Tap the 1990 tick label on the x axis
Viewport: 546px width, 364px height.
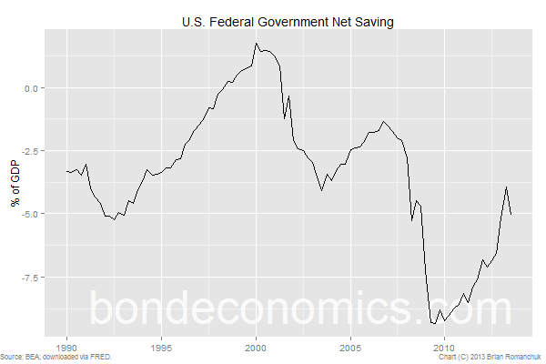66,347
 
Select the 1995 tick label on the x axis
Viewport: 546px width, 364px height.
161,347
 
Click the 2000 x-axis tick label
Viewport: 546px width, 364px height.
256,347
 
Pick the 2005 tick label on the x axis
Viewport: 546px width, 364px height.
350,347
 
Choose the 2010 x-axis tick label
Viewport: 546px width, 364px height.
444,347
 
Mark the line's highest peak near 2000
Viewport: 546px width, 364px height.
257,44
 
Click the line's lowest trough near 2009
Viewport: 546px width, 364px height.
435,323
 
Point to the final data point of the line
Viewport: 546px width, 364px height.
511,215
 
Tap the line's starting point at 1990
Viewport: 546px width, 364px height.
66,171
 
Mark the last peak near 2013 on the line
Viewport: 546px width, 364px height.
506,187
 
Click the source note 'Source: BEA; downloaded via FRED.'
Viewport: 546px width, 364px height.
56,358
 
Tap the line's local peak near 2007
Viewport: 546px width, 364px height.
384,121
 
